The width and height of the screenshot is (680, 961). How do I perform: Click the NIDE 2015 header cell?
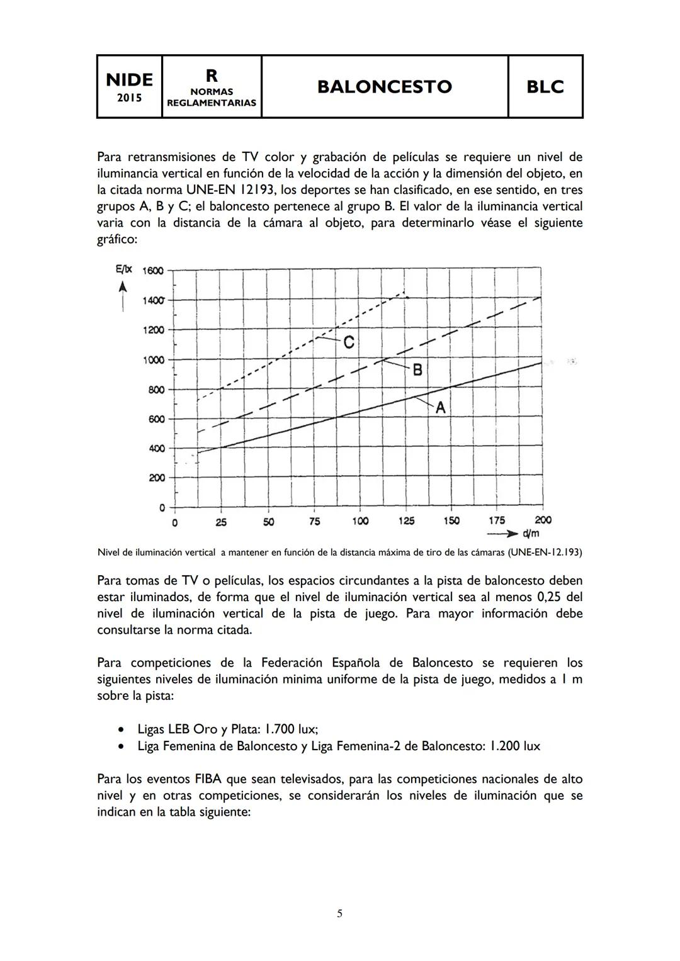pyautogui.click(x=129, y=86)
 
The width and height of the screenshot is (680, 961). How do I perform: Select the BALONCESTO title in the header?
pyautogui.click(x=384, y=86)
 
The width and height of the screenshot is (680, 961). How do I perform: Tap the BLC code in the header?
pyautogui.click(x=545, y=87)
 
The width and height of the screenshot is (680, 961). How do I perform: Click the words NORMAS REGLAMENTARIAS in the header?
pyautogui.click(x=212, y=98)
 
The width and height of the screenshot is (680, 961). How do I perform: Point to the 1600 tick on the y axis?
pyautogui.click(x=152, y=271)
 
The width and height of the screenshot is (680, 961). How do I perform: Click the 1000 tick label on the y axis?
pyautogui.click(x=152, y=360)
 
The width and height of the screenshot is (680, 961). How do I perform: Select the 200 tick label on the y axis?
pyautogui.click(x=156, y=478)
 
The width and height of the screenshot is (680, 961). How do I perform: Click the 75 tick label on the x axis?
pyautogui.click(x=314, y=521)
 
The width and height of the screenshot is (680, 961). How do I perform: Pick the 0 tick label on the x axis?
pyautogui.click(x=174, y=522)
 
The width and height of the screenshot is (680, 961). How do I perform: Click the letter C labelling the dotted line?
pyautogui.click(x=348, y=343)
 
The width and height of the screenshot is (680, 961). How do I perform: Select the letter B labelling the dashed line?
pyautogui.click(x=417, y=371)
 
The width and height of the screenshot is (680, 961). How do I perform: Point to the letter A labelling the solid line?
pyautogui.click(x=440, y=408)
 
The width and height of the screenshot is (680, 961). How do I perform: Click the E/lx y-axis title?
pyautogui.click(x=123, y=269)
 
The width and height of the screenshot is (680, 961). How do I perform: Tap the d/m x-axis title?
pyautogui.click(x=531, y=534)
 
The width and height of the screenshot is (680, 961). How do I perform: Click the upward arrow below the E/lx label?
pyautogui.click(x=123, y=296)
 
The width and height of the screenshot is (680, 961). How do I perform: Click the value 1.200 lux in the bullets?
pyautogui.click(x=514, y=746)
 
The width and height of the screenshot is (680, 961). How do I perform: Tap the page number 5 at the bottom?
pyautogui.click(x=339, y=913)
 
